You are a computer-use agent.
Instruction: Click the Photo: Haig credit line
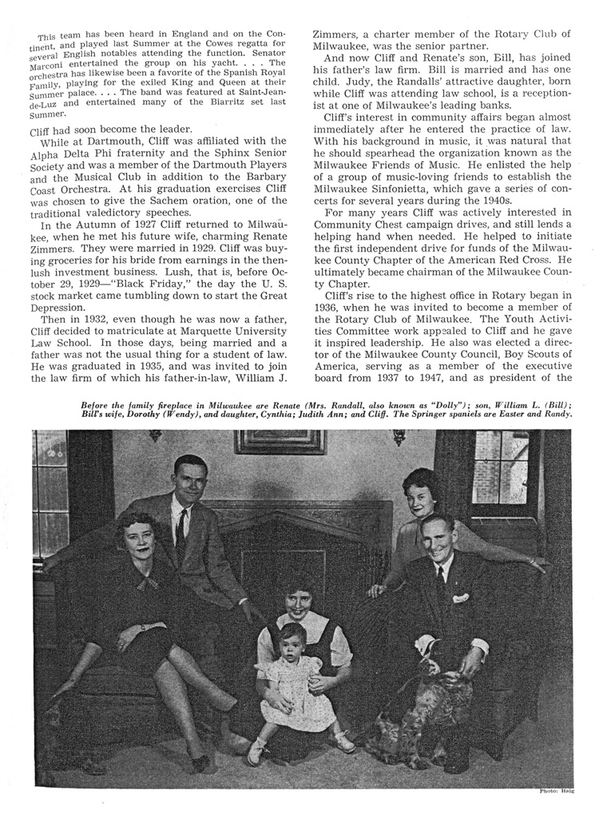point(558,791)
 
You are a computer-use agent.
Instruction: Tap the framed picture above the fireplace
point(280,442)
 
